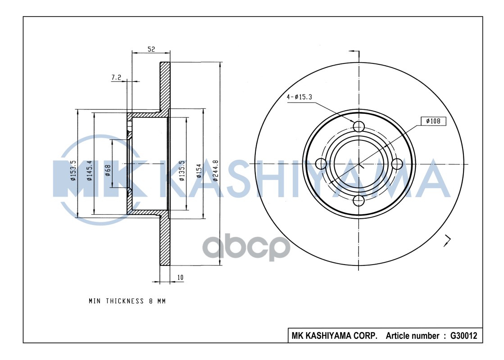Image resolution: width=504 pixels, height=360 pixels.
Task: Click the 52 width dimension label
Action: (151, 49)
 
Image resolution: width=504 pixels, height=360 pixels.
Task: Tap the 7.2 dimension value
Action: (116, 78)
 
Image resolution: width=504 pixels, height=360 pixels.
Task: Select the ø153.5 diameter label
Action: (73, 171)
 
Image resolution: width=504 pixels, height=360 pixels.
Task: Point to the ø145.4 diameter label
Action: (90, 171)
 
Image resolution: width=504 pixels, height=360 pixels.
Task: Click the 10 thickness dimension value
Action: (180, 278)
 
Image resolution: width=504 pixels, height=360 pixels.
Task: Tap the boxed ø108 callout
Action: (433, 121)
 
